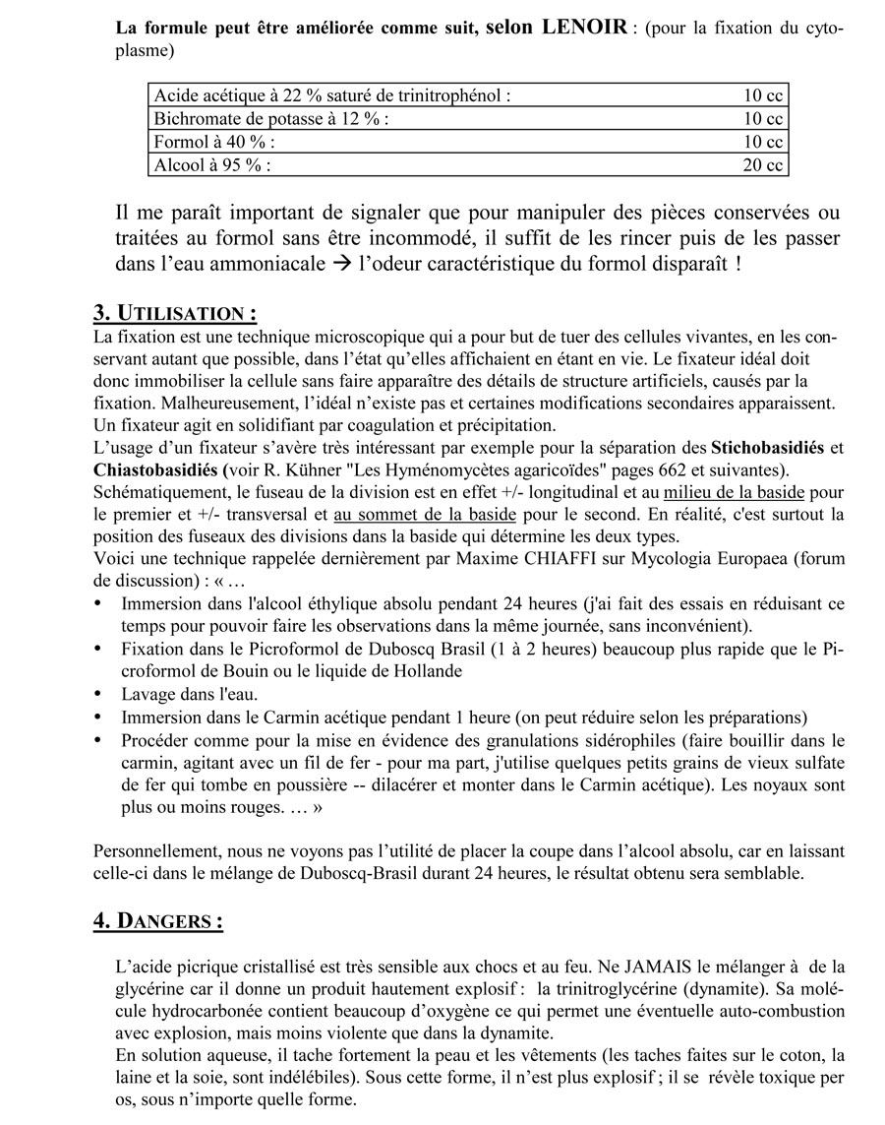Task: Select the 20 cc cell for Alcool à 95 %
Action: coord(762,165)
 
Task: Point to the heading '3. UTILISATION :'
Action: coord(175,314)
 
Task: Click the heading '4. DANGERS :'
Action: coord(157,921)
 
